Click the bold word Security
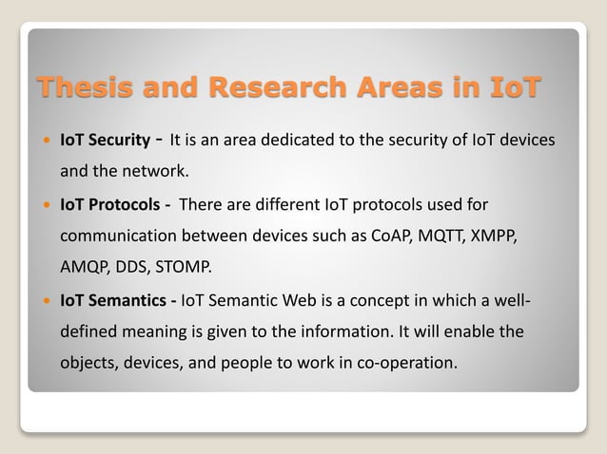[x=118, y=141]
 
